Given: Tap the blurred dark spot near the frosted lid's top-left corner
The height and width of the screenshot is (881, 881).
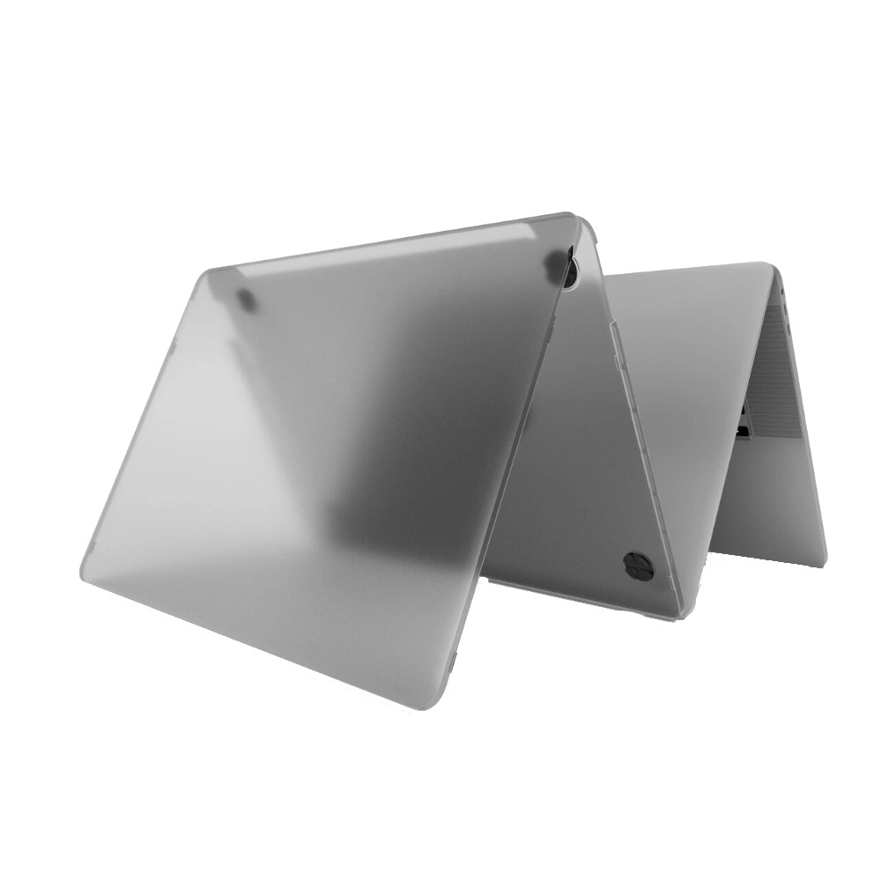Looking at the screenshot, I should tap(248, 300).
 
